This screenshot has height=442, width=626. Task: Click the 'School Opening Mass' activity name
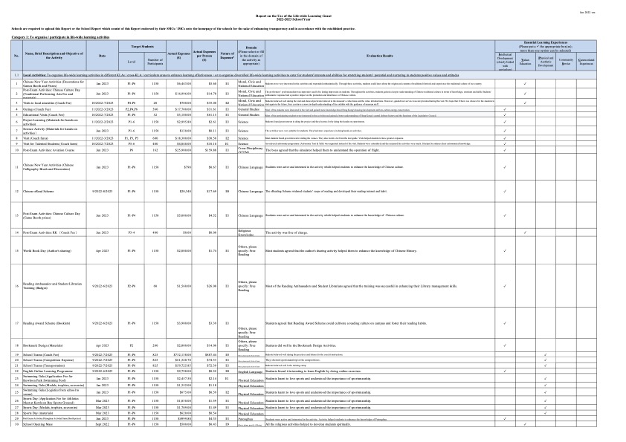click(41, 424)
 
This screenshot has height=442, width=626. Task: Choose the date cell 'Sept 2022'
click(102, 424)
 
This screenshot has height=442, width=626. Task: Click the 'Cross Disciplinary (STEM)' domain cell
click(247, 150)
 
